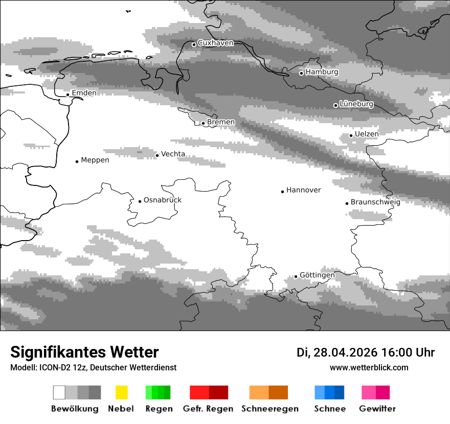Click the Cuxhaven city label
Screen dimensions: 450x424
215,43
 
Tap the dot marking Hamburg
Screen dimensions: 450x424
301,73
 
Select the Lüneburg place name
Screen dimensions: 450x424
356,104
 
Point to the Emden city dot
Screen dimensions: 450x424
67,95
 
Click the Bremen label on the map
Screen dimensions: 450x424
221,122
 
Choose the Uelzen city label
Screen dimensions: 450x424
367,134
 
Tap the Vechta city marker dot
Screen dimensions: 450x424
157,155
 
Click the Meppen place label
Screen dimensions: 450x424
95,160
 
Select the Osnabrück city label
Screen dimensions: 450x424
163,200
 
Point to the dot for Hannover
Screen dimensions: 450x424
282,192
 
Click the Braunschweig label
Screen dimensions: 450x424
375,202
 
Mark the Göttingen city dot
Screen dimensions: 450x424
296,276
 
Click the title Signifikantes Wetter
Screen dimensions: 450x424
84,352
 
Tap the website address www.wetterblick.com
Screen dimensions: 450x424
369,367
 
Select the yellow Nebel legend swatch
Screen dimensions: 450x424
121,392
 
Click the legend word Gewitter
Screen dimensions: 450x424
377,409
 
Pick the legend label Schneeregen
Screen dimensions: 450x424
269,409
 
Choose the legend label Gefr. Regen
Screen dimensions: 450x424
208,409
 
